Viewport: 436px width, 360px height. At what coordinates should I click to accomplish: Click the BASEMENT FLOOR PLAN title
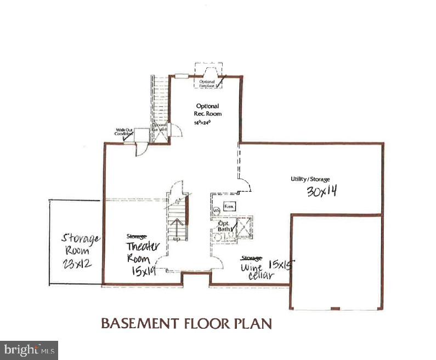pos(186,324)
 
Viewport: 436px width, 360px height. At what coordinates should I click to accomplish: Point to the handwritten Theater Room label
pos(143,253)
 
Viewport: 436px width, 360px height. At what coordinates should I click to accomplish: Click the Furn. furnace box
pos(228,206)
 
